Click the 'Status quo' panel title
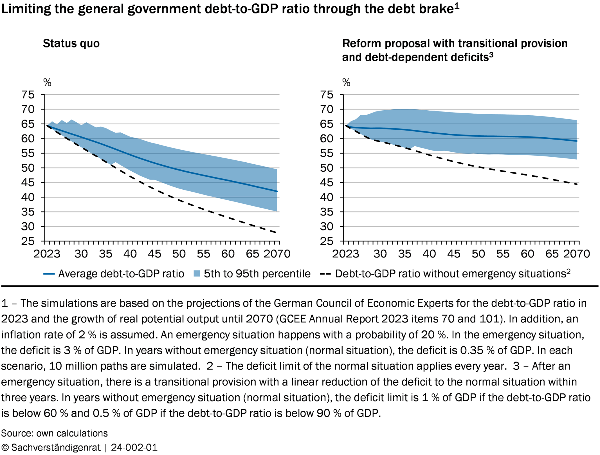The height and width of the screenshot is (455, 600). (71, 44)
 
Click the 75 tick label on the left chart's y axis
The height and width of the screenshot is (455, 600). (28, 95)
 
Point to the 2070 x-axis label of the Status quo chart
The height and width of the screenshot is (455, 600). (277, 254)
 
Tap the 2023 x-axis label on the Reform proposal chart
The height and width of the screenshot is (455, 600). (345, 254)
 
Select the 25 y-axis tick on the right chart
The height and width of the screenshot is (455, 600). (327, 241)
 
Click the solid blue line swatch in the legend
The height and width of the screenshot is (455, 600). (49, 274)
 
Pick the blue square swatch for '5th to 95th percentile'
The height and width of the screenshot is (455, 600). (197, 274)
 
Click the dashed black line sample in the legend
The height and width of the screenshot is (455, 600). (325, 274)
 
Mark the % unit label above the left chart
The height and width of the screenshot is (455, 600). (47, 82)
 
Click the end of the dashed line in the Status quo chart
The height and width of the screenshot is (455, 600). (277, 232)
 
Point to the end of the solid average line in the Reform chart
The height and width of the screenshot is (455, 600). (577, 141)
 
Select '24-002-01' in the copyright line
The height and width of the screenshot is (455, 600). (134, 447)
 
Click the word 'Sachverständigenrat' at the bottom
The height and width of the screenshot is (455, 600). (56, 447)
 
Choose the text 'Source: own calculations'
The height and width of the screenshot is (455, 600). (54, 433)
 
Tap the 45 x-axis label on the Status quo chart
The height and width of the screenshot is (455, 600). (154, 254)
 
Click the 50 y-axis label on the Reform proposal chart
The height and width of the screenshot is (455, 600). (327, 168)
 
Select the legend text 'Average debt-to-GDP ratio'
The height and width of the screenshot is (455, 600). (121, 274)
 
